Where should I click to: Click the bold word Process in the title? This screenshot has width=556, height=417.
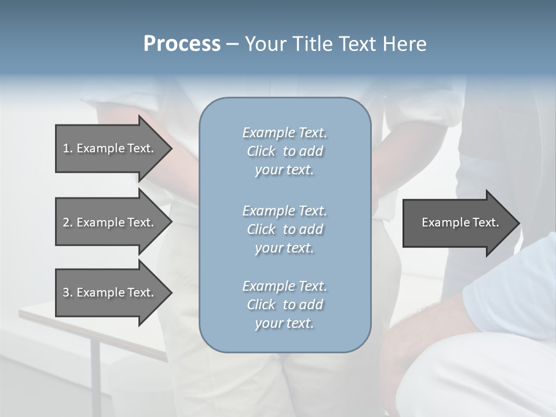click(182, 44)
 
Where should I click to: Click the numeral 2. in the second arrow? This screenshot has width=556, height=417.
click(67, 222)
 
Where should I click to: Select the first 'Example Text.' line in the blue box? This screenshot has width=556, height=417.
click(284, 133)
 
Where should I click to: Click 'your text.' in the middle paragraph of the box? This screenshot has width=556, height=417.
click(284, 248)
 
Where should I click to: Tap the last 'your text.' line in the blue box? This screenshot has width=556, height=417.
click(284, 323)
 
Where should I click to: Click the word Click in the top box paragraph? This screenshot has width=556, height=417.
click(261, 151)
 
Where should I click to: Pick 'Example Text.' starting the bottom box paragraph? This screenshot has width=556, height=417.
click(284, 286)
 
